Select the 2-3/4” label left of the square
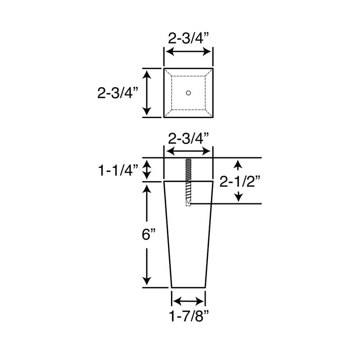tap(118, 93)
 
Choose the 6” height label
tap(148, 235)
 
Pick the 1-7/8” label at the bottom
tap(189, 317)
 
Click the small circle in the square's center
tap(188, 93)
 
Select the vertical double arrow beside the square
tap(147, 92)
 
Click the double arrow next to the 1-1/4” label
tap(147, 170)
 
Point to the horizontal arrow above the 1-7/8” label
tap(188, 301)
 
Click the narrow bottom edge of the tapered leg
tap(189, 287)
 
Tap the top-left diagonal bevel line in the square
tap(168, 72)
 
